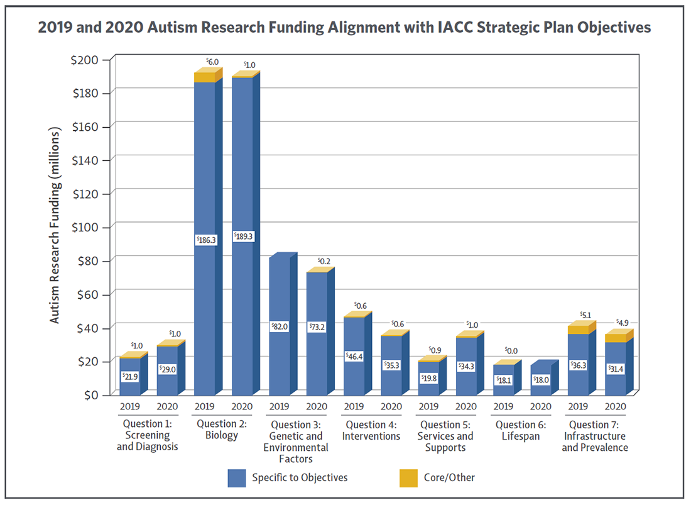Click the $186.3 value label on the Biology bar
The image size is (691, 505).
[x=205, y=240]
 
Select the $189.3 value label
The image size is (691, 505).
[x=242, y=237]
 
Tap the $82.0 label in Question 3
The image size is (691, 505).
[x=280, y=327]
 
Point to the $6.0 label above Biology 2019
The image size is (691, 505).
[x=212, y=62]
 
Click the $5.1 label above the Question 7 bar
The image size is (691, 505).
[x=585, y=315]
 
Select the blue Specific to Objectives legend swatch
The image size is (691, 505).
[x=236, y=478]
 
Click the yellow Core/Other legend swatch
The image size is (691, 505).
[x=408, y=478]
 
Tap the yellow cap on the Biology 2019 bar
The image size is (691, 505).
[x=205, y=77]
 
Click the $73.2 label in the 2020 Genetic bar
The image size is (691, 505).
[x=317, y=327]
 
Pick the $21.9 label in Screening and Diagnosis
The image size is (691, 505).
[x=130, y=376]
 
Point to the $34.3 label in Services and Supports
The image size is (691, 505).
[x=466, y=365]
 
